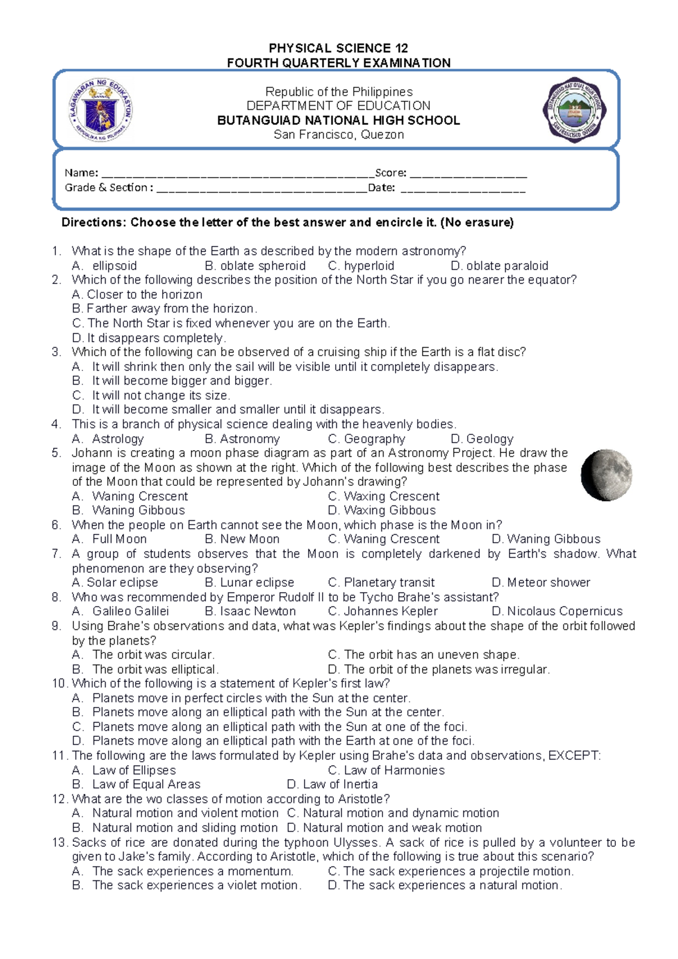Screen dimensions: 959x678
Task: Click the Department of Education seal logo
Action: pos(101,110)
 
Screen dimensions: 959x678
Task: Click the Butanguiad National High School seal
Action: pos(574,110)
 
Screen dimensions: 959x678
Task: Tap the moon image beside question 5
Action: pos(607,475)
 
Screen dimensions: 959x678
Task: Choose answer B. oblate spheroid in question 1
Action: pos(255,266)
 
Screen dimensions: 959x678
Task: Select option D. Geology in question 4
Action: pos(482,439)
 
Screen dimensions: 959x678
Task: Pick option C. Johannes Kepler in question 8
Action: pos(383,611)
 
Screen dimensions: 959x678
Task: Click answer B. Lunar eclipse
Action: pos(249,582)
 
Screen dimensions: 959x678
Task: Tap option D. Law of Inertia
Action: pos(332,784)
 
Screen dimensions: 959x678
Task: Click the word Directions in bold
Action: pos(92,222)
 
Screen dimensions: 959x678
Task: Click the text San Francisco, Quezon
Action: pos(338,135)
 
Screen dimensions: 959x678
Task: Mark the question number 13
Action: pos(59,843)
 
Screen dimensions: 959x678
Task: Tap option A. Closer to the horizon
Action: pos(137,295)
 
